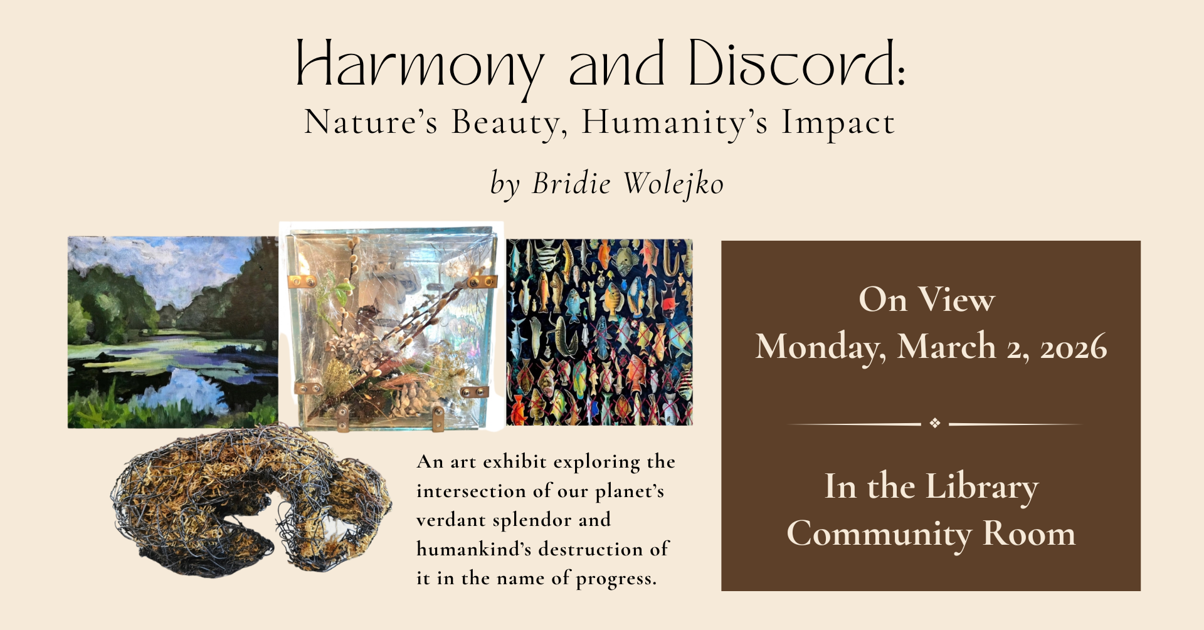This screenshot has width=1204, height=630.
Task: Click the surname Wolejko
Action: pyautogui.click(x=673, y=184)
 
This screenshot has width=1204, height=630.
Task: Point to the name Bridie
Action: pyautogui.click(x=571, y=183)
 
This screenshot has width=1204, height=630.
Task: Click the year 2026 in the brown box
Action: pyautogui.click(x=1074, y=347)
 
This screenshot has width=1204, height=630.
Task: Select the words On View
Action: pyautogui.click(x=926, y=300)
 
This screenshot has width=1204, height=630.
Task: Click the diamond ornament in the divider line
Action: pyautogui.click(x=935, y=423)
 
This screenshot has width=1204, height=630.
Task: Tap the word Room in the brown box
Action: pyautogui.click(x=1029, y=533)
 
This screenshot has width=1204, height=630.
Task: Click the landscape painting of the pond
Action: pyautogui.click(x=173, y=332)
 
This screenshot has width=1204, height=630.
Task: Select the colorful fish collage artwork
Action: pyautogui.click(x=599, y=332)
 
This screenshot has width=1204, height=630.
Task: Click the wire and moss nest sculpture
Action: pyautogui.click(x=251, y=500)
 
